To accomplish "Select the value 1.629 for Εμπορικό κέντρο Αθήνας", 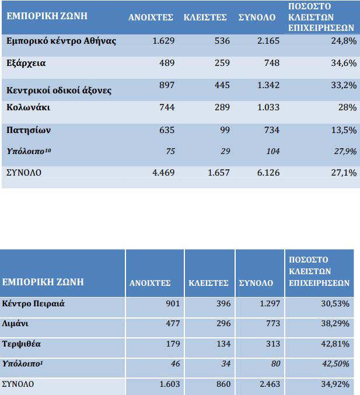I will pos(163,41).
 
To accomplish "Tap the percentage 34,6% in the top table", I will pos(343,63).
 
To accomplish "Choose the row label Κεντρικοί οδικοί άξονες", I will pos(58,90).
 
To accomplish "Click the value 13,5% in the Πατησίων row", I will pos(343,130).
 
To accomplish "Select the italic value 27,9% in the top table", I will pos(343,151).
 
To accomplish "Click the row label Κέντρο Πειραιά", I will pos(33,304).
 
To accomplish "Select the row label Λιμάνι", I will pos(19,324).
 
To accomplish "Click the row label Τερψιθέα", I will pos(22,344).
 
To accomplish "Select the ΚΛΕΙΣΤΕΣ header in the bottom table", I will pos(208,283).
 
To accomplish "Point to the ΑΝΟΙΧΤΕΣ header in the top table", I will pos(151,18).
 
